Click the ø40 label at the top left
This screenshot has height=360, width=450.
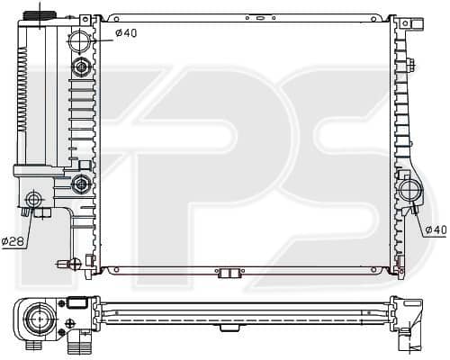(x=126, y=32)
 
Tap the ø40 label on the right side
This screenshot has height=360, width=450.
(x=436, y=230)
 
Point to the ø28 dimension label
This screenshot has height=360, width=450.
(x=13, y=241)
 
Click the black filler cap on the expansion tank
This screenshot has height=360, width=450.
(x=40, y=15)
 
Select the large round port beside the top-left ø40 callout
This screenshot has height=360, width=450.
(x=80, y=41)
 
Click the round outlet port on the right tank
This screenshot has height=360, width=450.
(x=411, y=190)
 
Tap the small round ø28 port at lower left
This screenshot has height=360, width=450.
(x=33, y=199)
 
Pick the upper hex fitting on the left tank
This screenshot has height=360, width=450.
(x=81, y=67)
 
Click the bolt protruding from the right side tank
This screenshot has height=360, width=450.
(x=411, y=65)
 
